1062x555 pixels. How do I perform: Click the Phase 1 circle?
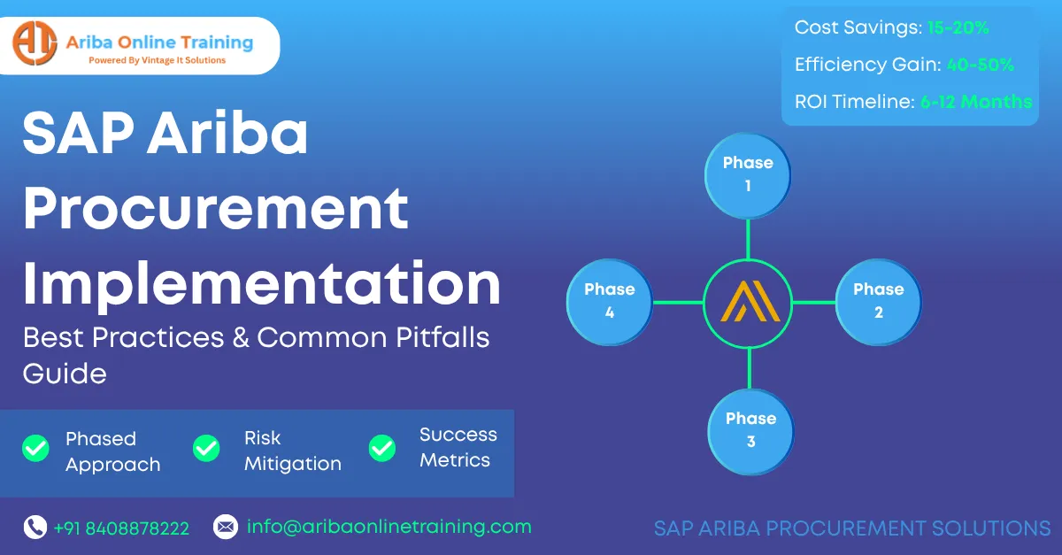748,176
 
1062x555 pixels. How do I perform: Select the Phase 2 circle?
879,302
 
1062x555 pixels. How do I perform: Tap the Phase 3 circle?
750,432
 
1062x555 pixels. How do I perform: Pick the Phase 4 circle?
610,302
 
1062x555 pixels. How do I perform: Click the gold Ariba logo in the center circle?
750,301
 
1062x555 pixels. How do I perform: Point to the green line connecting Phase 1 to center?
748,240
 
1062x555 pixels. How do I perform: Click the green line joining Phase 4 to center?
678,302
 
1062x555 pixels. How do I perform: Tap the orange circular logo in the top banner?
35,43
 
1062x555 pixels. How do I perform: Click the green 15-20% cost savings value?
958,27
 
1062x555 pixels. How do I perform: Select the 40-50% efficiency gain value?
981,65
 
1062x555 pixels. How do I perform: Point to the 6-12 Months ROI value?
976,102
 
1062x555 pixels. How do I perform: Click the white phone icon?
35,527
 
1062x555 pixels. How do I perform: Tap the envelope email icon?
226,527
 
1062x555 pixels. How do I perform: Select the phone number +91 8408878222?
121,528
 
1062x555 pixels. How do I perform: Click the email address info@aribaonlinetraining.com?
389,527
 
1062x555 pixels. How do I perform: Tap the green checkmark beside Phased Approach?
35,448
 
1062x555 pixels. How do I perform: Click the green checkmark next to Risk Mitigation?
206,448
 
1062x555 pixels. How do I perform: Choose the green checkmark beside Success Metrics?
382,448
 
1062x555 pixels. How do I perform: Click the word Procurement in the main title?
216,208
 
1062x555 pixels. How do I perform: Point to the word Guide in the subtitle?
65,374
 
